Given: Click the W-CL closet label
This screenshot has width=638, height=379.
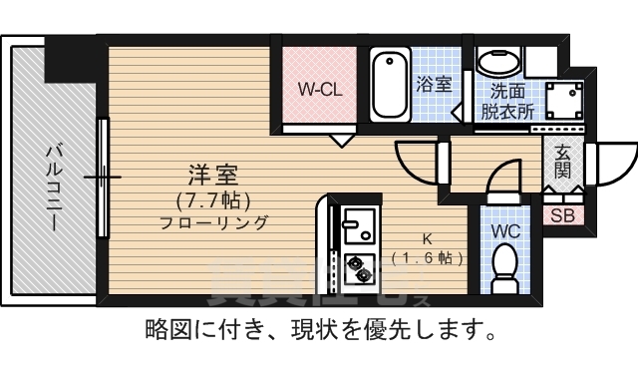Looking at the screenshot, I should point(320,89).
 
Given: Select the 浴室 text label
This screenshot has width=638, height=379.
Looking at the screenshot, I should point(435,85).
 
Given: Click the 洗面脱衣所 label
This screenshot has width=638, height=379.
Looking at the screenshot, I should point(505,100).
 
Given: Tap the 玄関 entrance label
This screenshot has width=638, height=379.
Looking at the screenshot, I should point(563,162).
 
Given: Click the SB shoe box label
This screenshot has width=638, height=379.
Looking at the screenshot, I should point(562,215).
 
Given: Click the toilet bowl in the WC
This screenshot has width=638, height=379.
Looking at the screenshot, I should point(504,267).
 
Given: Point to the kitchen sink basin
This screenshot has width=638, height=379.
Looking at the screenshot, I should point(356,226).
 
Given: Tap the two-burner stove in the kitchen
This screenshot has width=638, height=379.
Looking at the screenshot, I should point(356,267).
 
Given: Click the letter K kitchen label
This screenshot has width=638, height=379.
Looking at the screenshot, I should point(427,239).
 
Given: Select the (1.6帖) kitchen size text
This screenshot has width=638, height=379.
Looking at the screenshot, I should point(428,257).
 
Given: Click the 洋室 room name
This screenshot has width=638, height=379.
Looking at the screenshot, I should point(213,174).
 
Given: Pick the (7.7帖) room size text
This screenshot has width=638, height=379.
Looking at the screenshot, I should point(213,197).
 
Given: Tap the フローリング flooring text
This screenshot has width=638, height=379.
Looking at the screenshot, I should point(213,222).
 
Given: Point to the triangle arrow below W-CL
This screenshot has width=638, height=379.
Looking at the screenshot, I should point(342,141).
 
